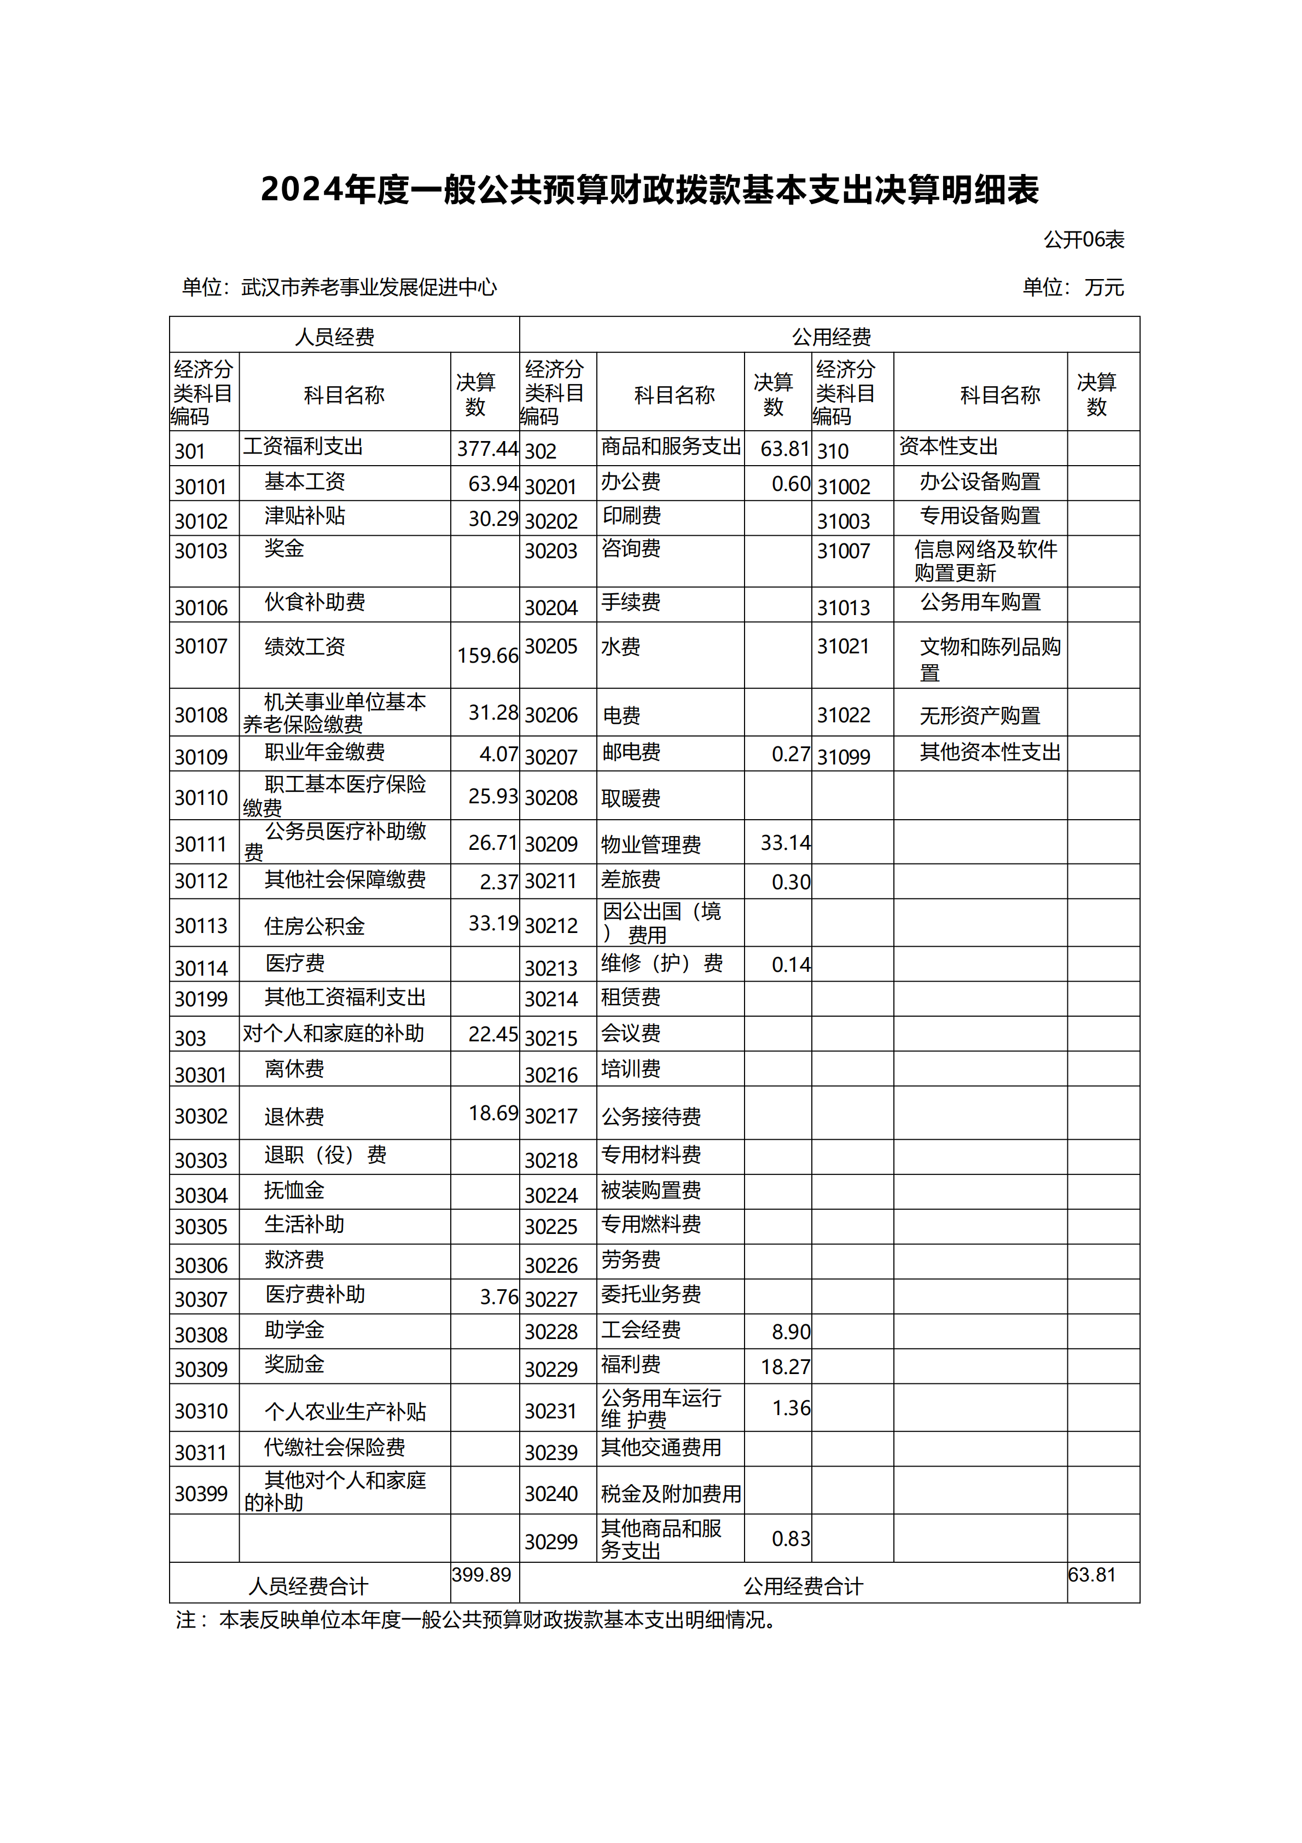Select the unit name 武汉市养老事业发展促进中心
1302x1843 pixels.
369,287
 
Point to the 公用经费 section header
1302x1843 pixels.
831,337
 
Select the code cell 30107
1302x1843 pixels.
201,646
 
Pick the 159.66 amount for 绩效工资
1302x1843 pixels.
487,656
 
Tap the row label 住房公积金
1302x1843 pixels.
315,926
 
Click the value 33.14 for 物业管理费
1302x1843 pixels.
785,843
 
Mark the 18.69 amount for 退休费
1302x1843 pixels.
493,1114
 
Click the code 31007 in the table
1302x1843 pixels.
843,552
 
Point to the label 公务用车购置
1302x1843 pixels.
980,602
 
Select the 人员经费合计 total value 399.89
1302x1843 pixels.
481,1575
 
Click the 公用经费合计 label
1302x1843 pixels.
803,1586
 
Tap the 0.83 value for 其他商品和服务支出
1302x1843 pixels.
791,1539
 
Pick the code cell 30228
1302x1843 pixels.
551,1332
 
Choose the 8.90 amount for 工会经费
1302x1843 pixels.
791,1332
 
